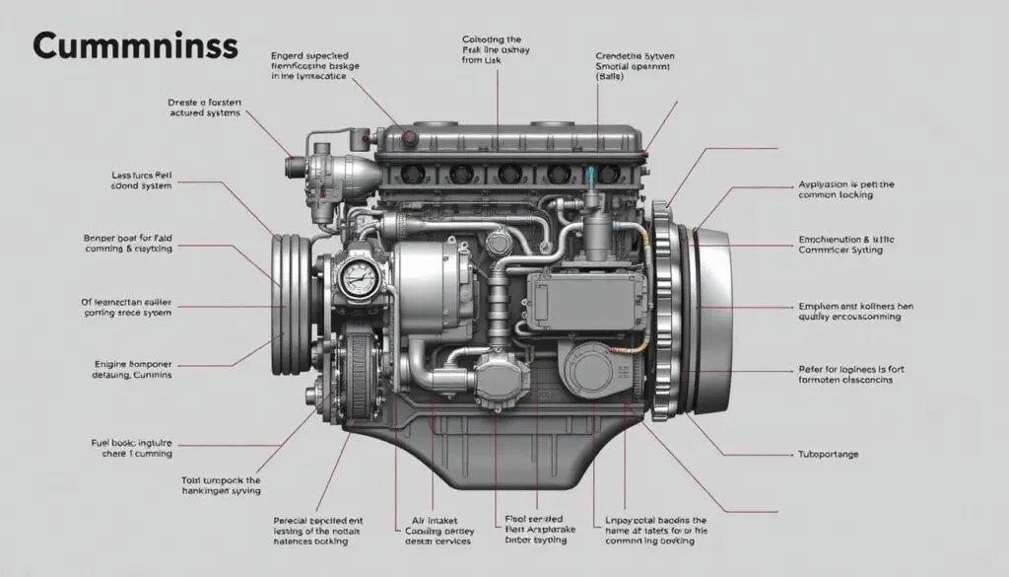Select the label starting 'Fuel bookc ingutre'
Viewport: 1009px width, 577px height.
125,448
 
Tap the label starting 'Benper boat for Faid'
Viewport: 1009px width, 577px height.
125,245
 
